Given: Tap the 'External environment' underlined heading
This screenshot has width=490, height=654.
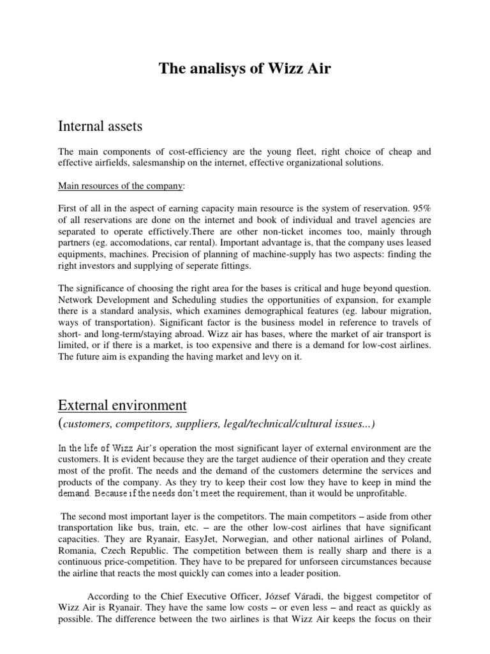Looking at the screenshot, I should point(122,405).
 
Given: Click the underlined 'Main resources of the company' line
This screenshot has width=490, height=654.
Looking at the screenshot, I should point(121,186).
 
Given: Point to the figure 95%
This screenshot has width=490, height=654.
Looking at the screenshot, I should point(419,208).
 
